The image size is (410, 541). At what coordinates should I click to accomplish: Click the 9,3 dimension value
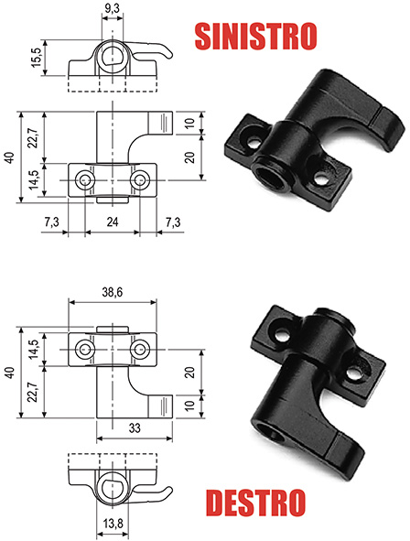[111, 9]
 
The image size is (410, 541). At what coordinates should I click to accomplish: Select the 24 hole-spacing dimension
[112, 221]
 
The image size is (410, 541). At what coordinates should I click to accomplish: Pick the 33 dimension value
[135, 427]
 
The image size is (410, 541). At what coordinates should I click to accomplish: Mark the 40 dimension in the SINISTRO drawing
[9, 158]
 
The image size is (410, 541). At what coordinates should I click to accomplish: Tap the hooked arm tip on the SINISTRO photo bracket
[383, 117]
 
